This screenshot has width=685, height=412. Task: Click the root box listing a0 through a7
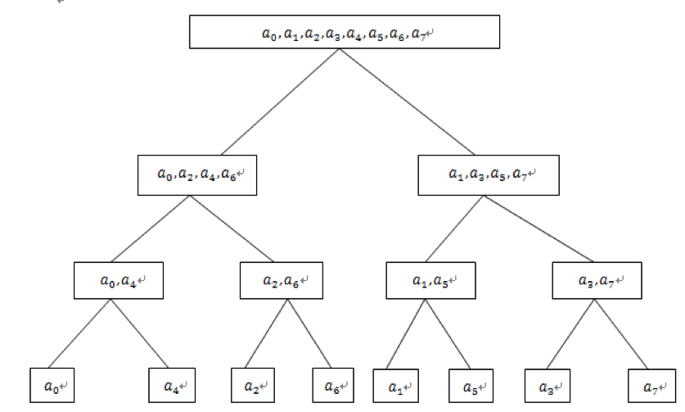point(344,32)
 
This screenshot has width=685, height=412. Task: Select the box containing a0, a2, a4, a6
point(196,174)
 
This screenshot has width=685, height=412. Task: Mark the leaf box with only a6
point(333,383)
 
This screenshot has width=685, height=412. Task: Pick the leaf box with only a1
point(396,383)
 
